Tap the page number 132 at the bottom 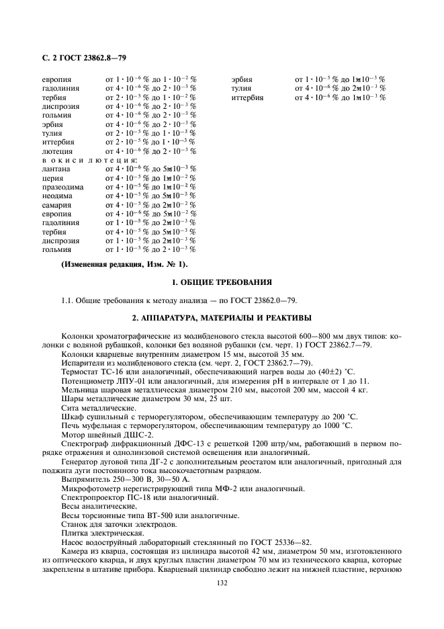click(x=222, y=583)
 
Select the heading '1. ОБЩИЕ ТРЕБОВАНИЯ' click(x=222, y=282)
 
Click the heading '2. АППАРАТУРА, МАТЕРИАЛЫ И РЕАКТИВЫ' click(x=222, y=317)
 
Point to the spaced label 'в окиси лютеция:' click(x=90, y=160)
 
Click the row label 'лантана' click(x=56, y=169)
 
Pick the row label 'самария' click(x=57, y=204)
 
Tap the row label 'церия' click(x=53, y=178)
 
